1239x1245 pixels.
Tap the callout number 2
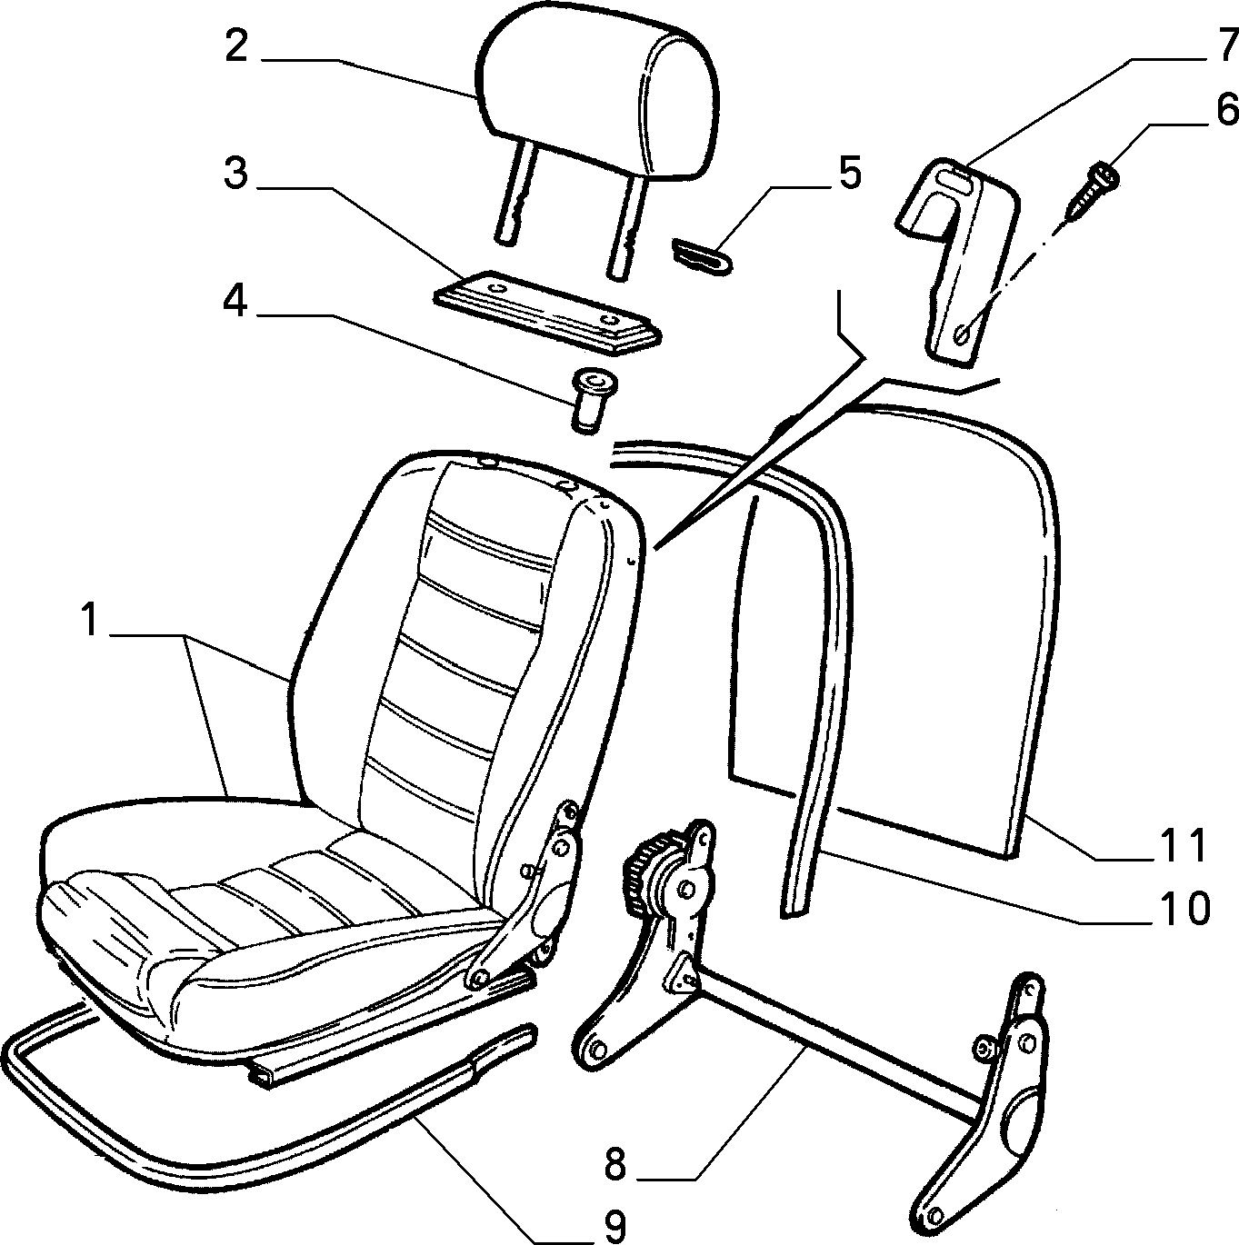click(236, 45)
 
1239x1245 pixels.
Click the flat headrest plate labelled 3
click(547, 312)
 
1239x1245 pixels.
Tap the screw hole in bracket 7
click(961, 334)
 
